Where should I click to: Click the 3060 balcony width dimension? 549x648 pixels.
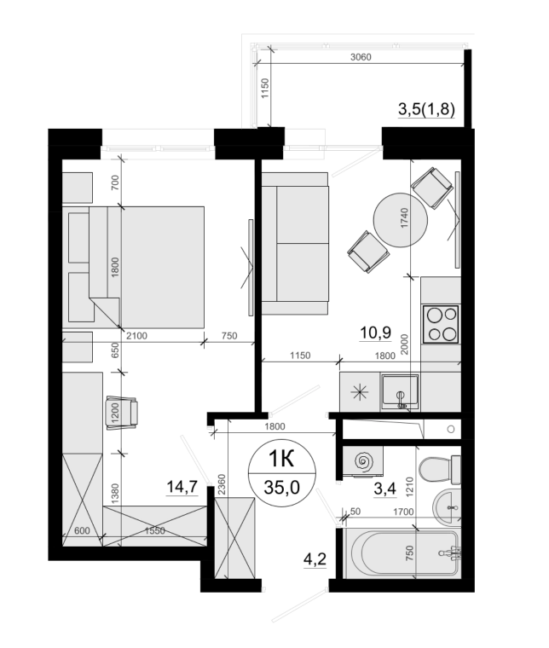[361, 57]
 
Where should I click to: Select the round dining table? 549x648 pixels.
[401, 220]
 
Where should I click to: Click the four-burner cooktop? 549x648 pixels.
[441, 324]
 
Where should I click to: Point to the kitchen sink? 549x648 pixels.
[400, 391]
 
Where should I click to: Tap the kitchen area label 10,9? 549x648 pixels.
[375, 333]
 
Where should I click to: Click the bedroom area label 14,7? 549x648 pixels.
[182, 487]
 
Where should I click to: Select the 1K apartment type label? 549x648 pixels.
[281, 459]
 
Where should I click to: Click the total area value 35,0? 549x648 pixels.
[281, 488]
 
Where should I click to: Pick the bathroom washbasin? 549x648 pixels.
[447, 506]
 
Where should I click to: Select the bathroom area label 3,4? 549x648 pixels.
[384, 489]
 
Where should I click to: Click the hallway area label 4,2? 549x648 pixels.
[315, 559]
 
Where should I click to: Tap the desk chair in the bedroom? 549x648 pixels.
[122, 412]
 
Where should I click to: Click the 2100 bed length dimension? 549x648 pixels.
[136, 336]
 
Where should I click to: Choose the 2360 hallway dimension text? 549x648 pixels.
[222, 485]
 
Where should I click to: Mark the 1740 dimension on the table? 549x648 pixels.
[404, 217]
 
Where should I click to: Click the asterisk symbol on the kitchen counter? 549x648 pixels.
[360, 391]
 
